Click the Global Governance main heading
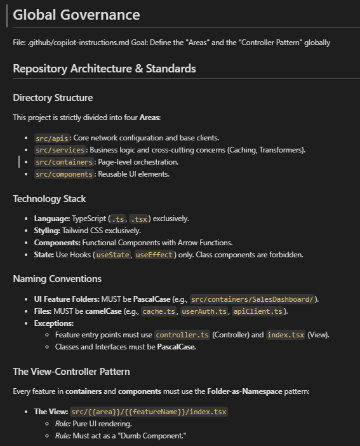pyautogui.click(x=76, y=15)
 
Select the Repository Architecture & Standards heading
pyautogui.click(x=104, y=69)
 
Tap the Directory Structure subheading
pyautogui.click(x=53, y=98)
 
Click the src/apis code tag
pyautogui.click(x=51, y=138)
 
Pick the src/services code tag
pyautogui.click(x=60, y=150)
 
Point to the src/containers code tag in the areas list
pyautogui.click(x=64, y=162)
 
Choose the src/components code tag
pyautogui.click(x=64, y=174)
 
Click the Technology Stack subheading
pyautogui.click(x=50, y=199)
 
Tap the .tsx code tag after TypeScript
pyautogui.click(x=139, y=219)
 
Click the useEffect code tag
pyautogui.click(x=154, y=255)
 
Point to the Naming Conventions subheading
pyautogui.click(x=57, y=279)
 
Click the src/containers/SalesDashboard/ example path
pyautogui.click(x=252, y=299)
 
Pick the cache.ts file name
pyautogui.click(x=159, y=311)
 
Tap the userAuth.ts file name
pyautogui.click(x=204, y=311)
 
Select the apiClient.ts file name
pyautogui.click(x=258, y=311)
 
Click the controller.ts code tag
pyautogui.click(x=182, y=335)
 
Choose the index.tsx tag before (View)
pyautogui.click(x=285, y=335)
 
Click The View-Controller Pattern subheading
pyautogui.click(x=72, y=372)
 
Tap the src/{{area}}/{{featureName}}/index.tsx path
pyautogui.click(x=149, y=412)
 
